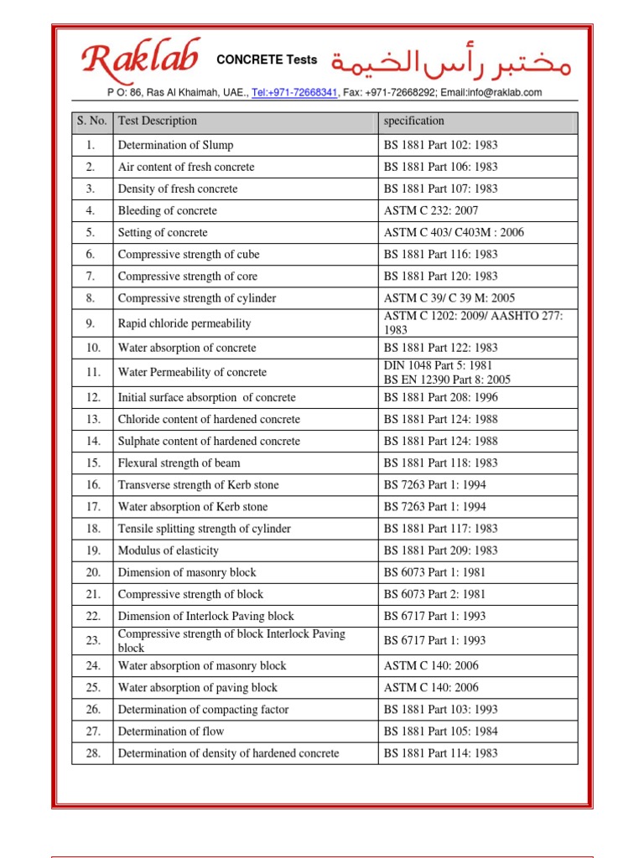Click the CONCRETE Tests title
[267, 59]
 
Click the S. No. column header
[91, 121]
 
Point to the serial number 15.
[92, 463]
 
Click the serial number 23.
[92, 640]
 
